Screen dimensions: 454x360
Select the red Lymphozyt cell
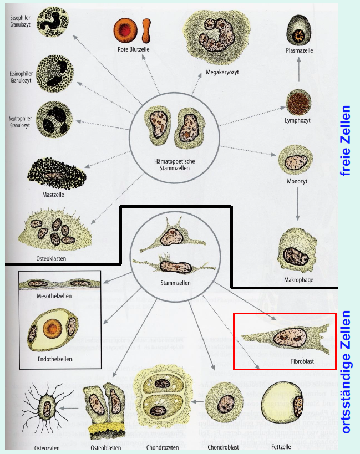tap(298, 102)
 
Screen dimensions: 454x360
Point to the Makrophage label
tap(298, 280)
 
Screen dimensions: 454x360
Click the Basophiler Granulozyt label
tap(21, 22)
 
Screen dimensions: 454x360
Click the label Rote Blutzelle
tap(134, 49)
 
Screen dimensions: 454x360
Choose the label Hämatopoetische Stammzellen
tap(175, 164)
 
